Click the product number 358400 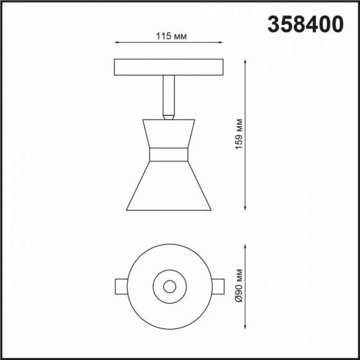[x=305, y=24]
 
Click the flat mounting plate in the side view [x=169, y=66]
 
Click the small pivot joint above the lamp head [x=168, y=115]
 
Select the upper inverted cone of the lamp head [x=168, y=134]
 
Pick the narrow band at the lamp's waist [x=168, y=155]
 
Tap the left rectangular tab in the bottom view [x=122, y=286]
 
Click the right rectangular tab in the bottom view [x=216, y=286]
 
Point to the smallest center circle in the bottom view [x=168, y=286]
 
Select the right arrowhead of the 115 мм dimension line [x=222, y=43]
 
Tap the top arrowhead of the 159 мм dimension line [x=248, y=61]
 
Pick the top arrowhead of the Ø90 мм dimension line [x=248, y=245]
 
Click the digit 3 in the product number [x=274, y=24]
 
